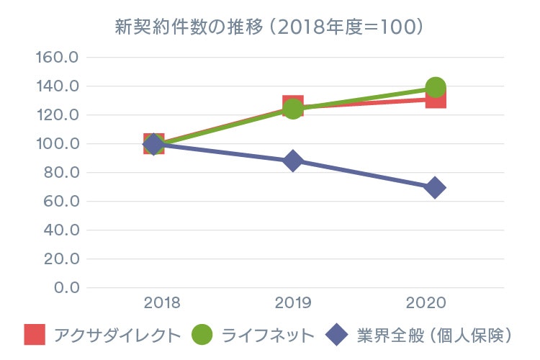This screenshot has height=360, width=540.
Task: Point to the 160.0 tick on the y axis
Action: tap(57, 58)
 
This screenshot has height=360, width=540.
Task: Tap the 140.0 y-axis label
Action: tap(57, 86)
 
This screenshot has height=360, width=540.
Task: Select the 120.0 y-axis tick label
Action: tap(57, 115)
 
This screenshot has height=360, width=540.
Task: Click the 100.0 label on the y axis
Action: tap(57, 144)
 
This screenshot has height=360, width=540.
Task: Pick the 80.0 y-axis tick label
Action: tap(61, 173)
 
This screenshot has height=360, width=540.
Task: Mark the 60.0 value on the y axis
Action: tap(61, 202)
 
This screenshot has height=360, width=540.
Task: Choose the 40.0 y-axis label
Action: tap(61, 230)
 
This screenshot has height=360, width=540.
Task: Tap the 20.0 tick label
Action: tap(61, 259)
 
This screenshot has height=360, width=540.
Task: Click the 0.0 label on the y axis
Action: tap(66, 288)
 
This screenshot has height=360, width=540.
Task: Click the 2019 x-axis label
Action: tap(293, 303)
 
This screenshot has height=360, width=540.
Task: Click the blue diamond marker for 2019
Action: tap(292, 161)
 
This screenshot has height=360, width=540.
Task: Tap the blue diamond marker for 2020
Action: tap(434, 188)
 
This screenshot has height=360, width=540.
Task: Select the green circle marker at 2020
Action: tap(435, 88)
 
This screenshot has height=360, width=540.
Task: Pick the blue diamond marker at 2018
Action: tap(153, 144)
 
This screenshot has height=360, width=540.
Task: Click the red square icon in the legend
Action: tap(35, 335)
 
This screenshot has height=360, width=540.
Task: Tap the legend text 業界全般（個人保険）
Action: tap(433, 335)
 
